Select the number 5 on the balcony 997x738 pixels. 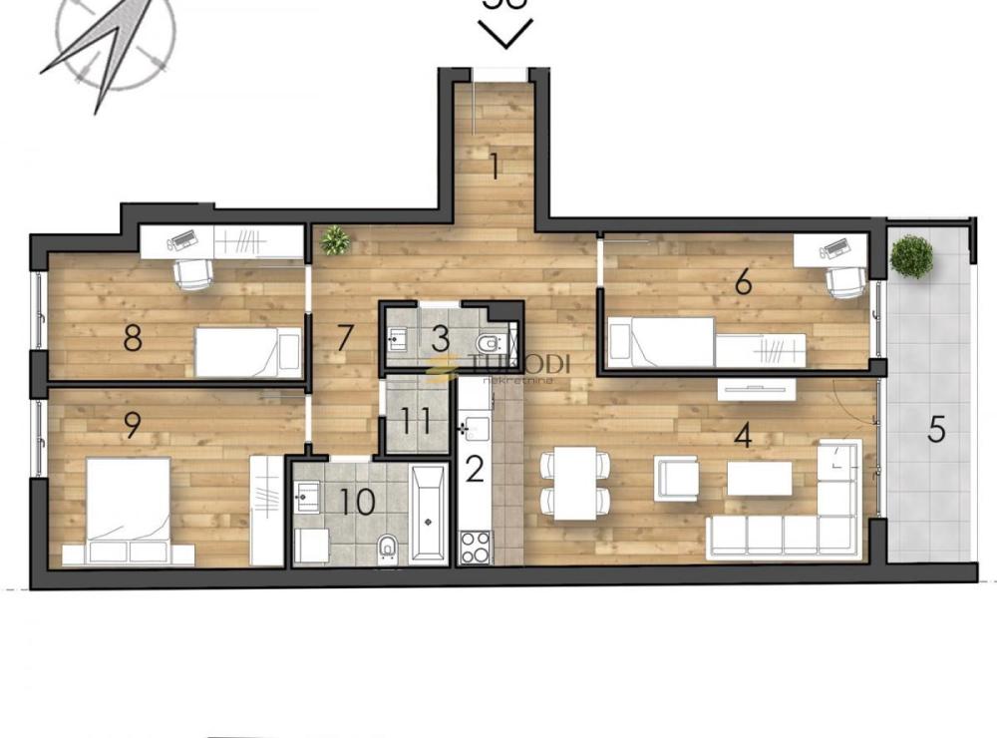[935, 429]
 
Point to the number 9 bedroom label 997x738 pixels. [132, 424]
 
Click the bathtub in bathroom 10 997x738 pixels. [429, 515]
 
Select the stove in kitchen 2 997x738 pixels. [475, 547]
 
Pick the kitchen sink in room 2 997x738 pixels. [474, 430]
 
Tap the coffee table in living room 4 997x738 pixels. [760, 478]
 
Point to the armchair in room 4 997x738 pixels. [677, 478]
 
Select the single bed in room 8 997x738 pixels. [247, 352]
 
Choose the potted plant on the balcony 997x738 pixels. [911, 256]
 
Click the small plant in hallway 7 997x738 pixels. [335, 239]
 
